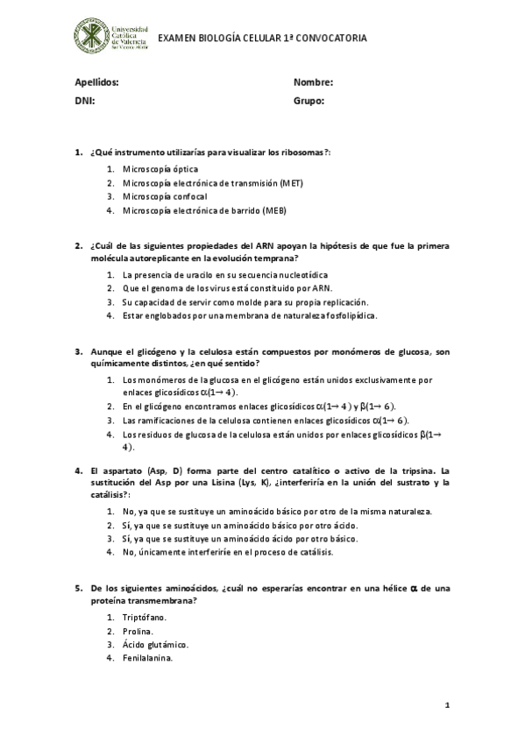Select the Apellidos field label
tap(96, 82)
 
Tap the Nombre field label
tap(313, 82)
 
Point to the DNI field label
tap(84, 102)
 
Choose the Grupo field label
tap(309, 102)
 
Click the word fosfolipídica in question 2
tap(346, 315)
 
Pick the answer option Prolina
tap(138, 631)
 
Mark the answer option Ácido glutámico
tap(155, 645)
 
